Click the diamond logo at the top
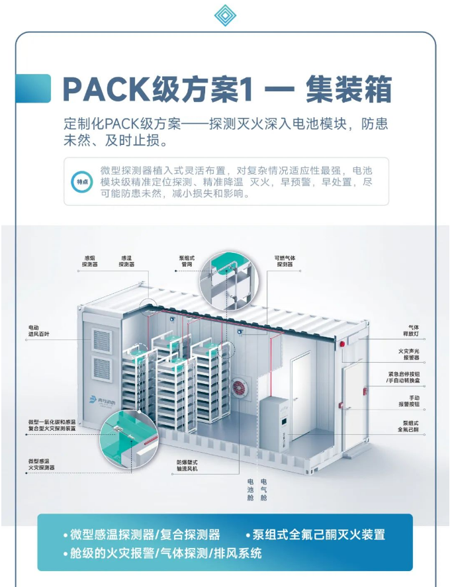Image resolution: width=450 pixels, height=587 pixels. pos(225,16)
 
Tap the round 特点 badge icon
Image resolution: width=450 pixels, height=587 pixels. pos(81,181)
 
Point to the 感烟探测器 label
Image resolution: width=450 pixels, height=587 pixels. pos(89,261)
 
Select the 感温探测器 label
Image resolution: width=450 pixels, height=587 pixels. pos(126,261)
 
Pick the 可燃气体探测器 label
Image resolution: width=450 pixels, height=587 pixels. pos(285,261)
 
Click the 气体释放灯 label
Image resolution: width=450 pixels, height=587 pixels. pos(414,331)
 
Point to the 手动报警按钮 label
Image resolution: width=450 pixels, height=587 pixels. pos(408,400)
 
